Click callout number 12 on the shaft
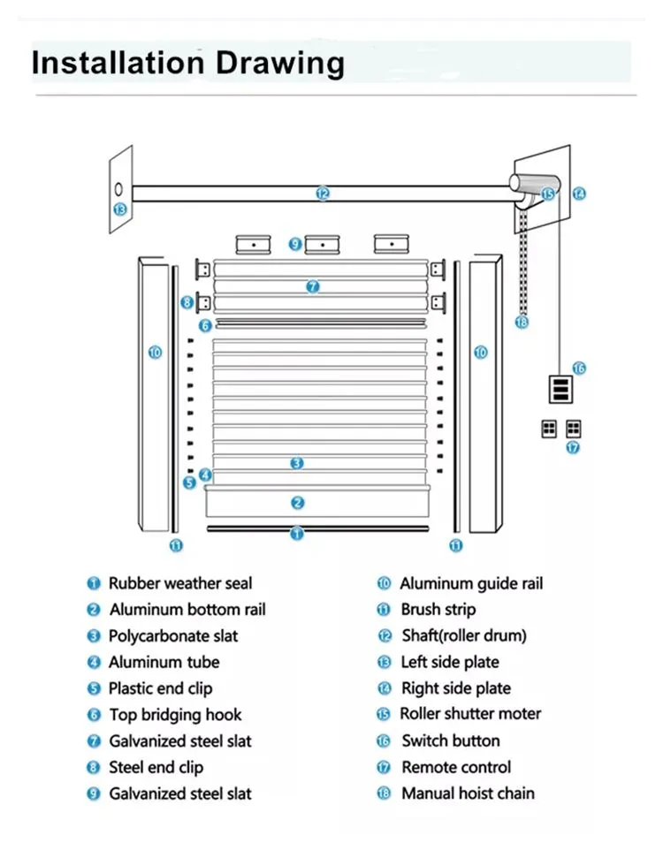(x=323, y=193)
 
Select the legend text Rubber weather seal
(x=179, y=583)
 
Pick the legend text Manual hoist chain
(x=468, y=794)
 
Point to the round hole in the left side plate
(x=118, y=189)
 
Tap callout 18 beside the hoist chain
(x=522, y=323)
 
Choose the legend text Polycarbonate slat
(x=173, y=636)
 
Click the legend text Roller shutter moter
(x=470, y=714)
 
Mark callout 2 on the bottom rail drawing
(x=298, y=503)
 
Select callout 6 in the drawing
(x=205, y=325)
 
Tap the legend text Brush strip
(x=438, y=610)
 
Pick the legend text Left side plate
(x=450, y=662)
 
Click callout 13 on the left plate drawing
(x=120, y=209)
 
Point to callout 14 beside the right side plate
(x=579, y=193)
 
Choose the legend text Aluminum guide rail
(x=471, y=583)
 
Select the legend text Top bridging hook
(x=175, y=715)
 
